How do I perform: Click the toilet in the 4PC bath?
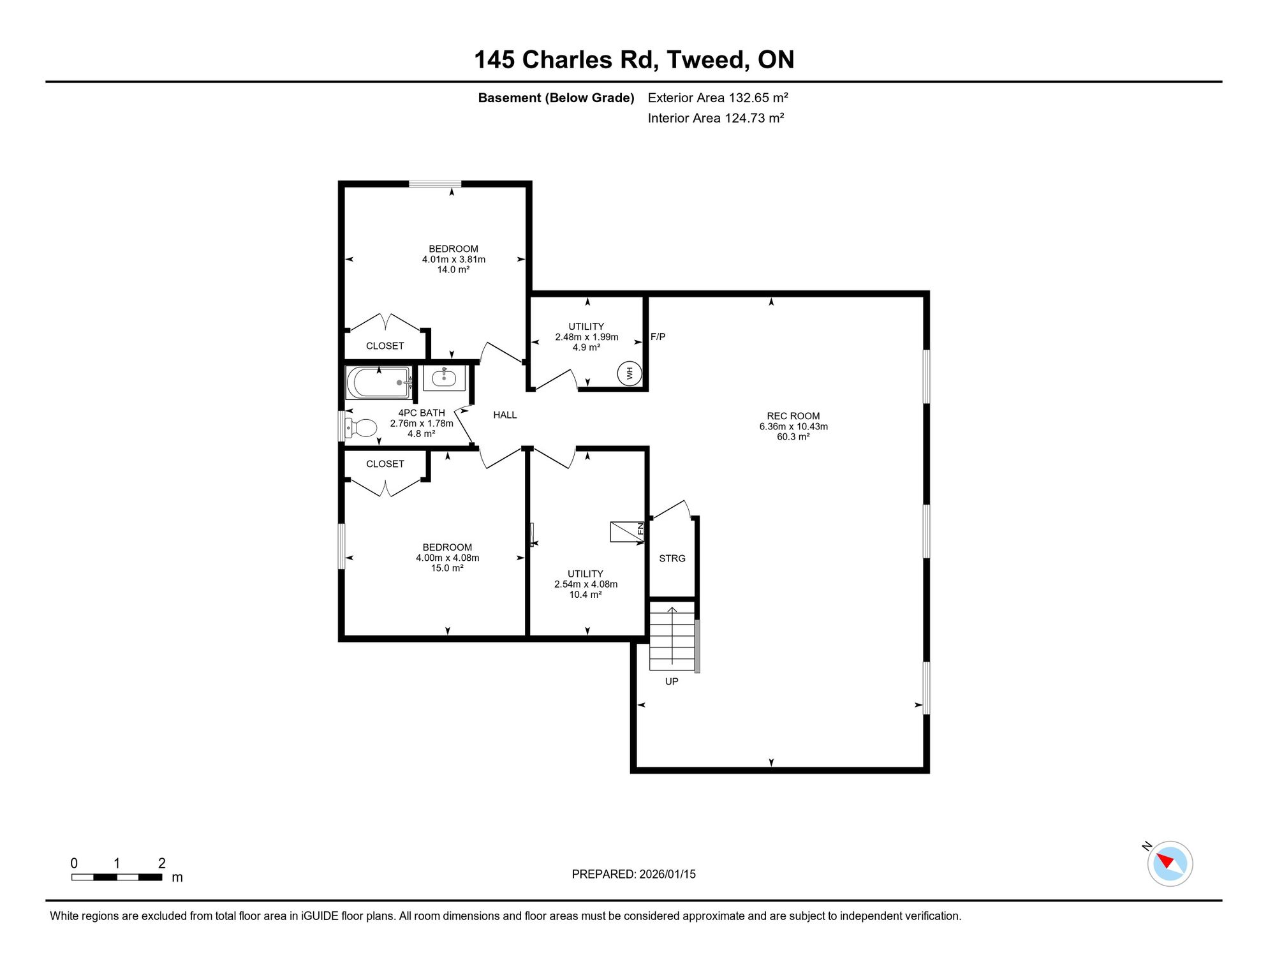(x=361, y=427)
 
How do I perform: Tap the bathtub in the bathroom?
(x=379, y=382)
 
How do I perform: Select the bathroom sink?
(x=445, y=378)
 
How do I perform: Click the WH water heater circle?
(x=630, y=373)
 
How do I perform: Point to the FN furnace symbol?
(x=628, y=531)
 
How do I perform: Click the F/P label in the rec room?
(x=658, y=337)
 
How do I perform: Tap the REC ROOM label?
(x=793, y=416)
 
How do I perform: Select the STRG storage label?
(x=672, y=558)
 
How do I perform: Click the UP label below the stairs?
(x=672, y=681)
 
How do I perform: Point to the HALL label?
(x=505, y=415)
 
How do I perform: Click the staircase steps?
(x=672, y=635)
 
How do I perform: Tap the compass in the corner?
(x=1170, y=864)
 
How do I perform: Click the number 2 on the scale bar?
(x=162, y=863)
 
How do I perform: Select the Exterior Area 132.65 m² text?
(x=718, y=98)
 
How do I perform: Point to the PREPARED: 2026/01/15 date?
(x=634, y=874)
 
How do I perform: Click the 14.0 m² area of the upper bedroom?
(x=453, y=270)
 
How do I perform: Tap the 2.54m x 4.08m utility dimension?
(x=586, y=584)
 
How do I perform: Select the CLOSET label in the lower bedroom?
(x=385, y=464)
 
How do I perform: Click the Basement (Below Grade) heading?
(x=556, y=98)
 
